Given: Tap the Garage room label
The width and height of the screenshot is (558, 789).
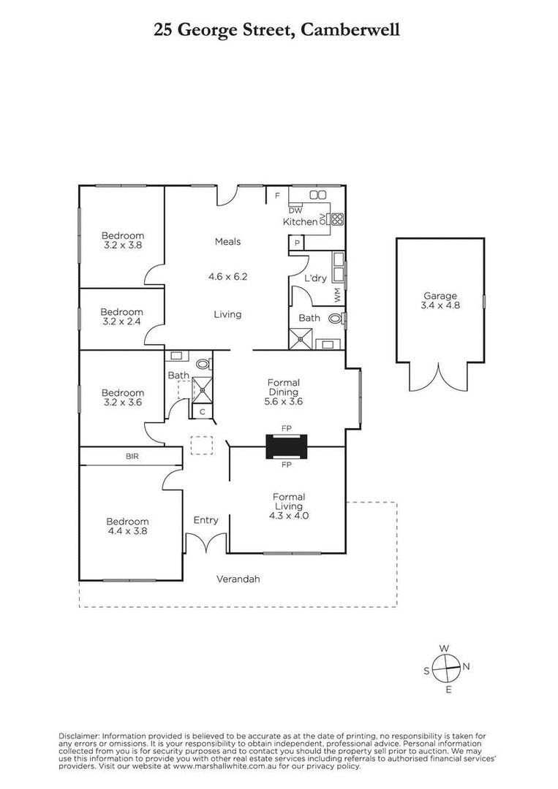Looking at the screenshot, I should (x=440, y=296).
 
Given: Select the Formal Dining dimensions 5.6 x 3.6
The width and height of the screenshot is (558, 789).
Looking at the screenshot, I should (x=284, y=401).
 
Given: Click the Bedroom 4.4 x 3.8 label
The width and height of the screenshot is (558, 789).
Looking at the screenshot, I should (x=127, y=522).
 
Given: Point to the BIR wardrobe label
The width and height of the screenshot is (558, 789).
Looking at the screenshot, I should (x=132, y=456).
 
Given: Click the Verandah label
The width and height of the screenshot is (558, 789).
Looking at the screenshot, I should (x=238, y=579).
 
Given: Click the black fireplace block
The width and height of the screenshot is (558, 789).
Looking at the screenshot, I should (x=287, y=446).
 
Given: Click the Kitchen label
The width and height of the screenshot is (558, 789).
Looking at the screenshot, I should (x=300, y=221).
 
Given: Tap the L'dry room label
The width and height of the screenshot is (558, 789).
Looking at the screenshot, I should (x=315, y=278).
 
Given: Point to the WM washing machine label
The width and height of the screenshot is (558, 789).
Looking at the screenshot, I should (x=337, y=296).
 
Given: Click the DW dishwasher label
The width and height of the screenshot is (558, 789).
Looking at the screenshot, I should (x=295, y=210).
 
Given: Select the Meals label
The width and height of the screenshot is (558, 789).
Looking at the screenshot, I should (x=227, y=242).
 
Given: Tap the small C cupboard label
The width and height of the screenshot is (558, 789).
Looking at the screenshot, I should (x=203, y=412).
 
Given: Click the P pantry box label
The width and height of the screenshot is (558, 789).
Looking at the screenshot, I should (x=297, y=243).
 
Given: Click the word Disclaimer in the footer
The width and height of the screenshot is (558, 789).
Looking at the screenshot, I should (x=78, y=736).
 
